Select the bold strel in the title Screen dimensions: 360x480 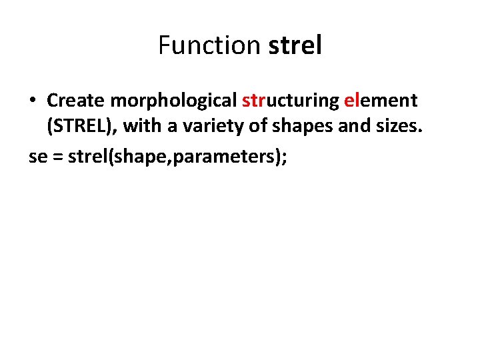click(295, 46)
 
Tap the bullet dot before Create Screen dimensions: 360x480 click(33, 101)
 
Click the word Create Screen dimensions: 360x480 click(76, 101)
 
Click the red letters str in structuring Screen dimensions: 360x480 click(254, 101)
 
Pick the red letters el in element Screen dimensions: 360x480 click(351, 101)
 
